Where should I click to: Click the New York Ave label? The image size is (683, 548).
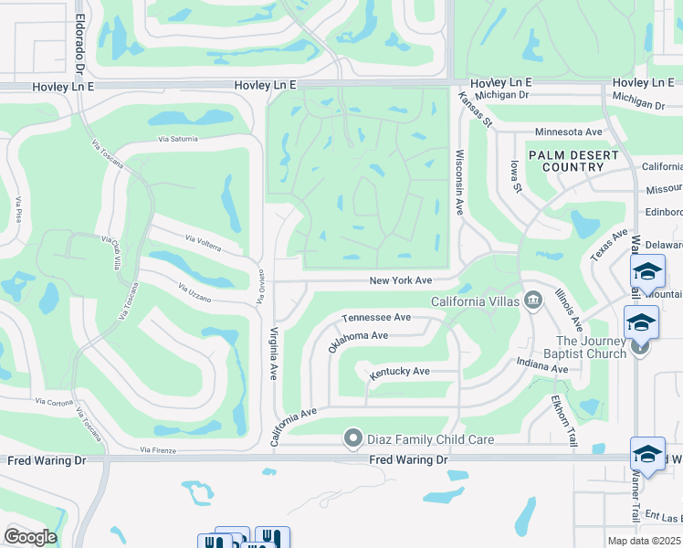(401, 281)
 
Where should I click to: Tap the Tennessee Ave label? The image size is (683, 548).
(376, 317)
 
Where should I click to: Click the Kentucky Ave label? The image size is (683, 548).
(399, 372)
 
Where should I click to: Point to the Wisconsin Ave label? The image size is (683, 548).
(460, 183)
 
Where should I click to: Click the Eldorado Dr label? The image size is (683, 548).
(80, 44)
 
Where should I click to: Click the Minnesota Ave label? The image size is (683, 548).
(569, 132)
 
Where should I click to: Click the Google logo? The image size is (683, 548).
(30, 537)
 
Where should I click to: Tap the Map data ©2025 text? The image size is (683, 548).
(645, 541)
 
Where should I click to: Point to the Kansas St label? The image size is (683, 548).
(476, 109)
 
